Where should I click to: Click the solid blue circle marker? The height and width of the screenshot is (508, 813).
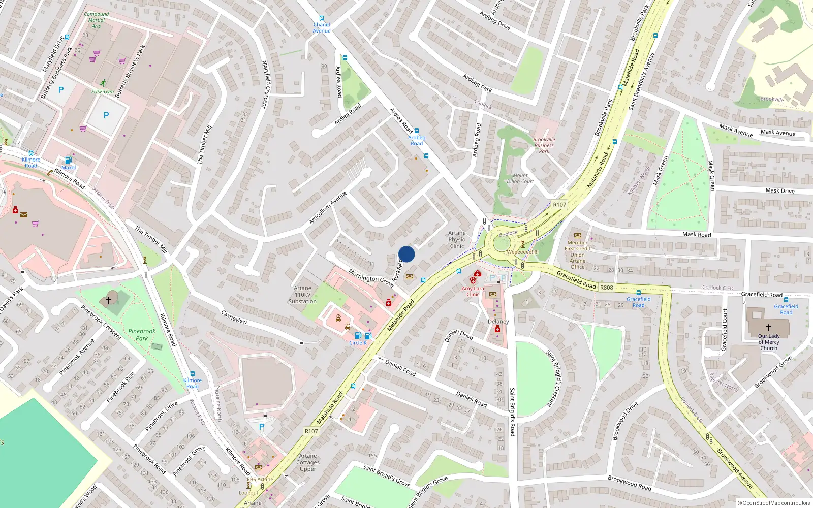(x=407, y=254)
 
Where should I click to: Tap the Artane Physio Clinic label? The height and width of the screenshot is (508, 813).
(x=457, y=240)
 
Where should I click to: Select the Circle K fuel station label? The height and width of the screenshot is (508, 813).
(x=358, y=343)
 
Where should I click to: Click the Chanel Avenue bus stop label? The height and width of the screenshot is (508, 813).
(x=322, y=28)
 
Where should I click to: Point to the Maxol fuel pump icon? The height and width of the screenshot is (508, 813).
(x=68, y=160)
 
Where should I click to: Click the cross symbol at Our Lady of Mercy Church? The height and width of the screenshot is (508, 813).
(x=768, y=328)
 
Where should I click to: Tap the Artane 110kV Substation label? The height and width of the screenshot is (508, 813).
(x=302, y=295)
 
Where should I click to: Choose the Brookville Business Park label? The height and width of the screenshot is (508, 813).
(x=544, y=145)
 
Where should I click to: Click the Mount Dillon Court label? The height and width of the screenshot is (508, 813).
(x=520, y=178)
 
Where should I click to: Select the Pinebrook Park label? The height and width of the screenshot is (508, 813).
(x=142, y=335)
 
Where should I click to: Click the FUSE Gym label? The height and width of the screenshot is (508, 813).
(x=103, y=92)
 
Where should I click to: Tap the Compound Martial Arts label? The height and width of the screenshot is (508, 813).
(x=96, y=20)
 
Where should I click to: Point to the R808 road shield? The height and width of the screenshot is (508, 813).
(x=606, y=288)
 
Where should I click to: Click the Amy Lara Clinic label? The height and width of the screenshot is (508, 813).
(x=473, y=291)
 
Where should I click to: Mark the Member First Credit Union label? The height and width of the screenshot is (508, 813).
(x=577, y=255)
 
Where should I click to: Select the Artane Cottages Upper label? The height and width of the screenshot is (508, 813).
(x=308, y=462)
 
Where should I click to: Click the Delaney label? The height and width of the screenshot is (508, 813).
(x=498, y=322)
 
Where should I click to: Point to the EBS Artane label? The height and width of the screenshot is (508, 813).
(x=260, y=479)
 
